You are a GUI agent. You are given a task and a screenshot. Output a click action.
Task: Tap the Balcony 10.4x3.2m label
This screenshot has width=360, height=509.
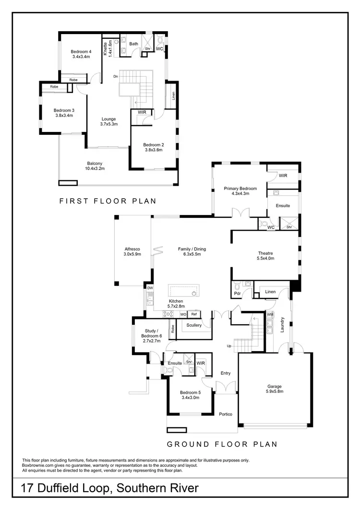tap(95, 166)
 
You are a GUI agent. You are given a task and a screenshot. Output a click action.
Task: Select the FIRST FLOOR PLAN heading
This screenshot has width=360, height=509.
tap(108, 201)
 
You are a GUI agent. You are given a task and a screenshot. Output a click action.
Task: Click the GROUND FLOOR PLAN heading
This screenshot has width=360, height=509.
tap(222, 444)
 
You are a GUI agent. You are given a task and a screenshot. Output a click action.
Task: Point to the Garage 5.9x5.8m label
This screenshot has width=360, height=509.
tap(275, 389)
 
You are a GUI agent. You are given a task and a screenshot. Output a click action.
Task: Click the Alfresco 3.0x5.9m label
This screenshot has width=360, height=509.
tap(132, 252)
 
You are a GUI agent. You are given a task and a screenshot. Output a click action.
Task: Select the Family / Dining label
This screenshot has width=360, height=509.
tap(191, 251)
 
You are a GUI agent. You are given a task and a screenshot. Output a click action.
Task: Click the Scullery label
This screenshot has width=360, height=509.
tap(194, 325)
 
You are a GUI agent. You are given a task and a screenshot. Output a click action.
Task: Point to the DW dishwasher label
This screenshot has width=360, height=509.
tap(150, 288)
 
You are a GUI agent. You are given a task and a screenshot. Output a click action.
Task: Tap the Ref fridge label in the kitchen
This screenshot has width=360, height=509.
tap(194, 314)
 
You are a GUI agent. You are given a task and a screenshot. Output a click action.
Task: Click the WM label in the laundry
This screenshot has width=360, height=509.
tap(270, 314)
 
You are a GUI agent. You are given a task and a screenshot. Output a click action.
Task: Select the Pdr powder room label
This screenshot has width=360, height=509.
tap(237, 293)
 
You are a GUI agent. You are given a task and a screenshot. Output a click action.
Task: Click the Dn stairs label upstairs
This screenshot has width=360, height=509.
tap(116, 77)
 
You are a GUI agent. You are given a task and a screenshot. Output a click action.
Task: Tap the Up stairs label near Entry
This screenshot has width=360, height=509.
tap(229, 346)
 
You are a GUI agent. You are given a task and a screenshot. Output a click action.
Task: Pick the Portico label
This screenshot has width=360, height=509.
tap(226, 414)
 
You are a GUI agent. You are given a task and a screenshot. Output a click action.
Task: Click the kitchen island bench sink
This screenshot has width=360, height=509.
tap(194, 293)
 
